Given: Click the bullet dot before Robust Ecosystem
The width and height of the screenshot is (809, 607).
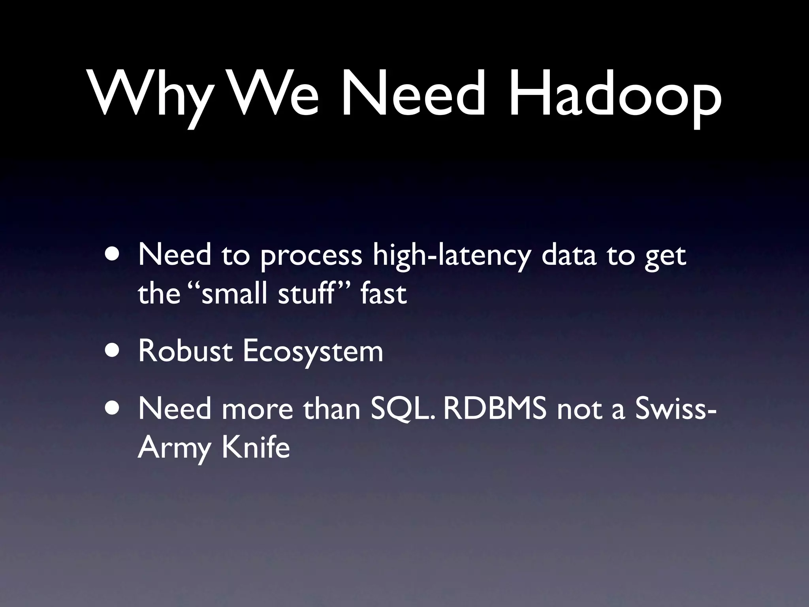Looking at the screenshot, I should click(x=115, y=351).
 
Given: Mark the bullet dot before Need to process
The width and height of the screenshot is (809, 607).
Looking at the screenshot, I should click(x=115, y=254).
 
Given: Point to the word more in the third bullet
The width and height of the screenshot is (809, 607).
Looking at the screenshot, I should click(x=257, y=409).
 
